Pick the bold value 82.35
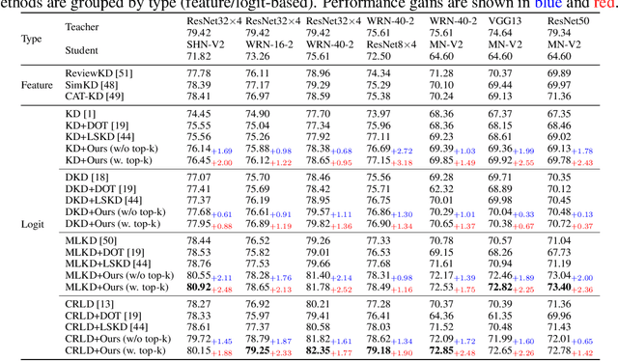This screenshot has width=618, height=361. click(319, 350)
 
